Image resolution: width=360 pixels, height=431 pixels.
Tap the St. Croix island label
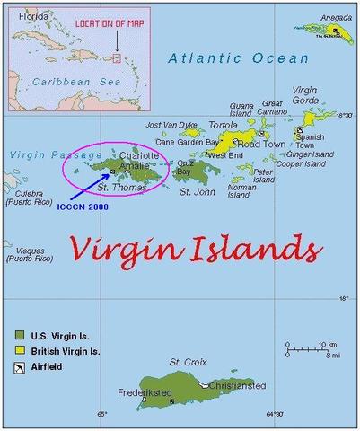pos(189,362)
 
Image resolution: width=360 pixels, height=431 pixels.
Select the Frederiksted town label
pos(144,393)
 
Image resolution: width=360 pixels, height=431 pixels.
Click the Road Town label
pos(261,143)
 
